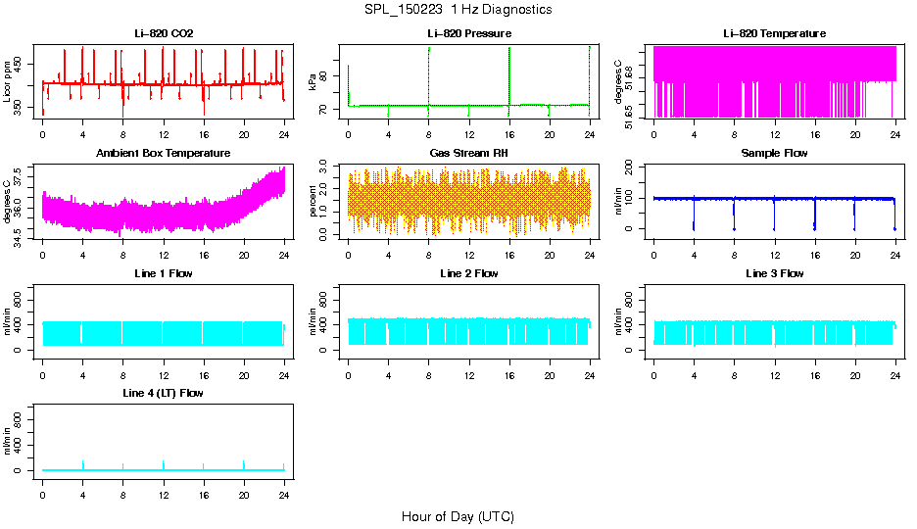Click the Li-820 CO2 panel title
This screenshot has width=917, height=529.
[164, 33]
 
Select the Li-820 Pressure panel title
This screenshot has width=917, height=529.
[469, 33]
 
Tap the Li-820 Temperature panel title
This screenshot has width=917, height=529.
[774, 33]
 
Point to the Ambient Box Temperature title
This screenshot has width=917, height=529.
[164, 153]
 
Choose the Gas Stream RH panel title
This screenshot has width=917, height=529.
[469, 153]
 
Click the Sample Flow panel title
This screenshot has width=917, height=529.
[774, 153]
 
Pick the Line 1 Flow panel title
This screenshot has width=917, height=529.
[164, 273]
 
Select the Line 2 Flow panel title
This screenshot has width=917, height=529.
[469, 273]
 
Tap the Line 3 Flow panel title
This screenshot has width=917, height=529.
[774, 273]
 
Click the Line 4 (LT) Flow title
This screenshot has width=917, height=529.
[164, 393]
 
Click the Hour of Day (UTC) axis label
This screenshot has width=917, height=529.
[458, 516]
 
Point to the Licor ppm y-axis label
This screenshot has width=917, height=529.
[8, 80]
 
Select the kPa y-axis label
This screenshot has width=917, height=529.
[314, 81]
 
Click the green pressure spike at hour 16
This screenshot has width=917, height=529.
[509, 69]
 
